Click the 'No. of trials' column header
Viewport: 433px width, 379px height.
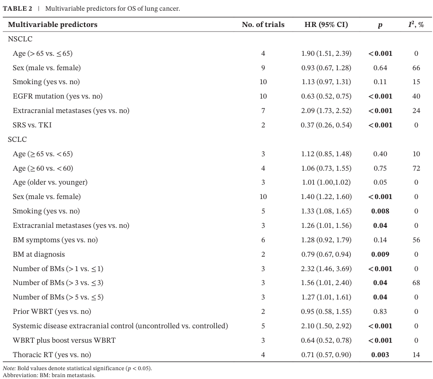coord(263,25)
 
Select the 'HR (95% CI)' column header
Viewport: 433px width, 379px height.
coord(326,25)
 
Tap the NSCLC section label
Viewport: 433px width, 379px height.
coord(20,39)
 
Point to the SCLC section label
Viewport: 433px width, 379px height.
coord(17,140)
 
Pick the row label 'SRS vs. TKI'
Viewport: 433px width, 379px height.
coord(32,125)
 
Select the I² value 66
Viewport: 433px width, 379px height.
coord(416,68)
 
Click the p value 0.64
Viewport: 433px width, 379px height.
coord(380,68)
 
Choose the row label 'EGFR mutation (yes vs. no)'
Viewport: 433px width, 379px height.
coord(58,96)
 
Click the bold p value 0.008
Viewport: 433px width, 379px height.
coord(380,211)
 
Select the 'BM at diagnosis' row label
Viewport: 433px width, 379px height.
coord(39,254)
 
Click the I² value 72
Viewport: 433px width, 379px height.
coord(416,168)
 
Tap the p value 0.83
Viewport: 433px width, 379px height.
coord(380,312)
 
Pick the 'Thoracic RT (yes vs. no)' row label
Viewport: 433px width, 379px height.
coord(52,355)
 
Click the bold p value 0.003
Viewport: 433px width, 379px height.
coord(380,355)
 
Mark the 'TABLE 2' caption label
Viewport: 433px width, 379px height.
coord(17,8)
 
